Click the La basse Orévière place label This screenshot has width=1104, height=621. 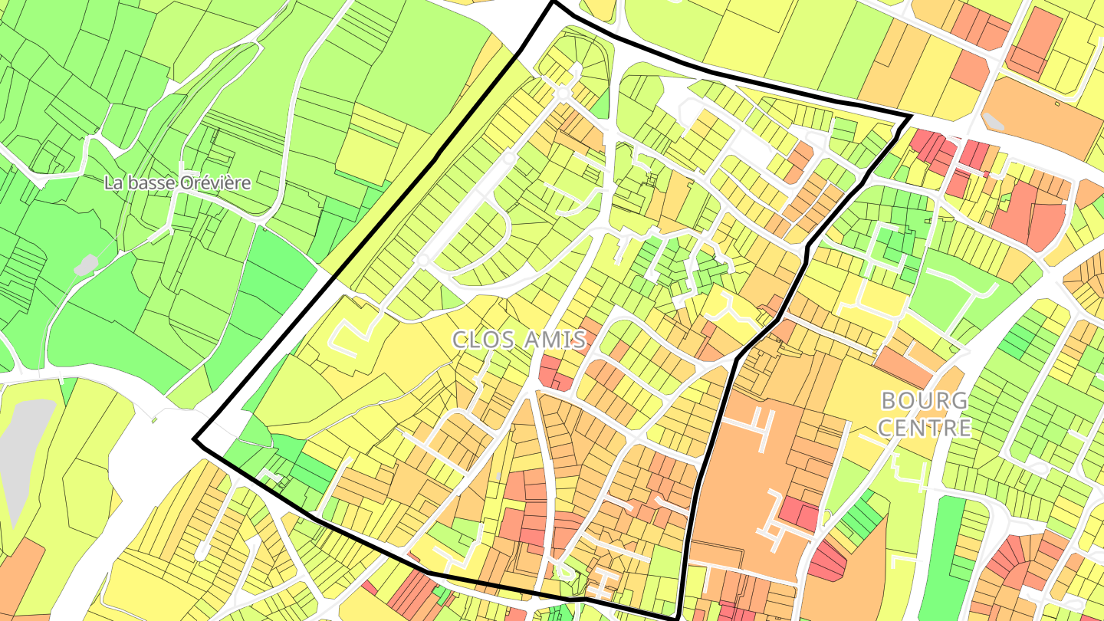pyautogui.click(x=178, y=183)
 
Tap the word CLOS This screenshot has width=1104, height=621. pyautogui.click(x=484, y=340)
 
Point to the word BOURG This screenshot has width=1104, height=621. pyautogui.click(x=924, y=400)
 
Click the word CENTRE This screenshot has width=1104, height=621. pyautogui.click(x=924, y=427)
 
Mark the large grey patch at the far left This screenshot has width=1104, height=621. pyautogui.click(x=23, y=452)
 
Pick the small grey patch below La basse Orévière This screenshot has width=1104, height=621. pyautogui.click(x=86, y=264)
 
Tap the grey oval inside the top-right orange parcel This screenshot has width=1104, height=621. pyautogui.click(x=994, y=121)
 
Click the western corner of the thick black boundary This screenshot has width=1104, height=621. pyautogui.click(x=195, y=440)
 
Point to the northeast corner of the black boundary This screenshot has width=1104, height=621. pyautogui.click(x=910, y=117)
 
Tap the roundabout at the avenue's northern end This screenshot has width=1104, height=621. pyautogui.click(x=563, y=94)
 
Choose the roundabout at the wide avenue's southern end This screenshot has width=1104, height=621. pyautogui.click(x=422, y=261)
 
